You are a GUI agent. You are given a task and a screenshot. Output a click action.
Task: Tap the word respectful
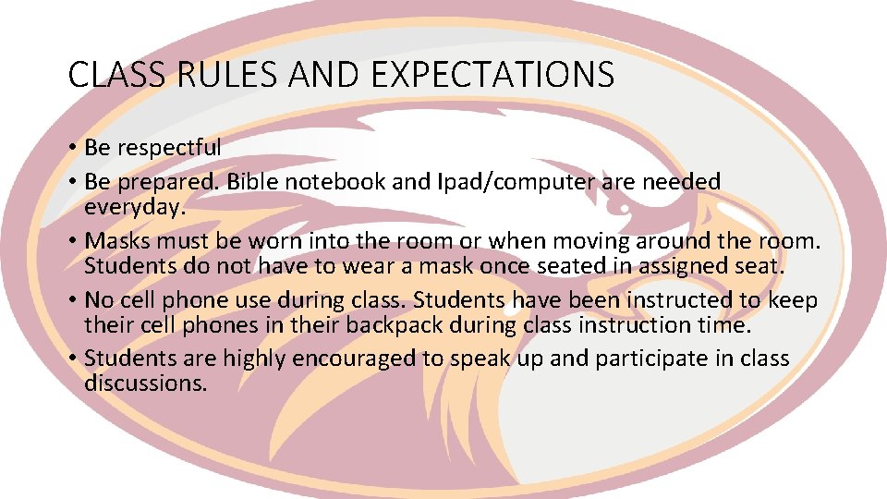pos(168,148)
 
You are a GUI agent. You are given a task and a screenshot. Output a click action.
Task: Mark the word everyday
pos(135,207)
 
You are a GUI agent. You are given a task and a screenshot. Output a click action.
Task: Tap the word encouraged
pos(369,359)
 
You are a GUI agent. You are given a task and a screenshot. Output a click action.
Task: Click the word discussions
pos(146,383)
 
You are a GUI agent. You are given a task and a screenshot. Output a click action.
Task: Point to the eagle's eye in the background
pos(625,209)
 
